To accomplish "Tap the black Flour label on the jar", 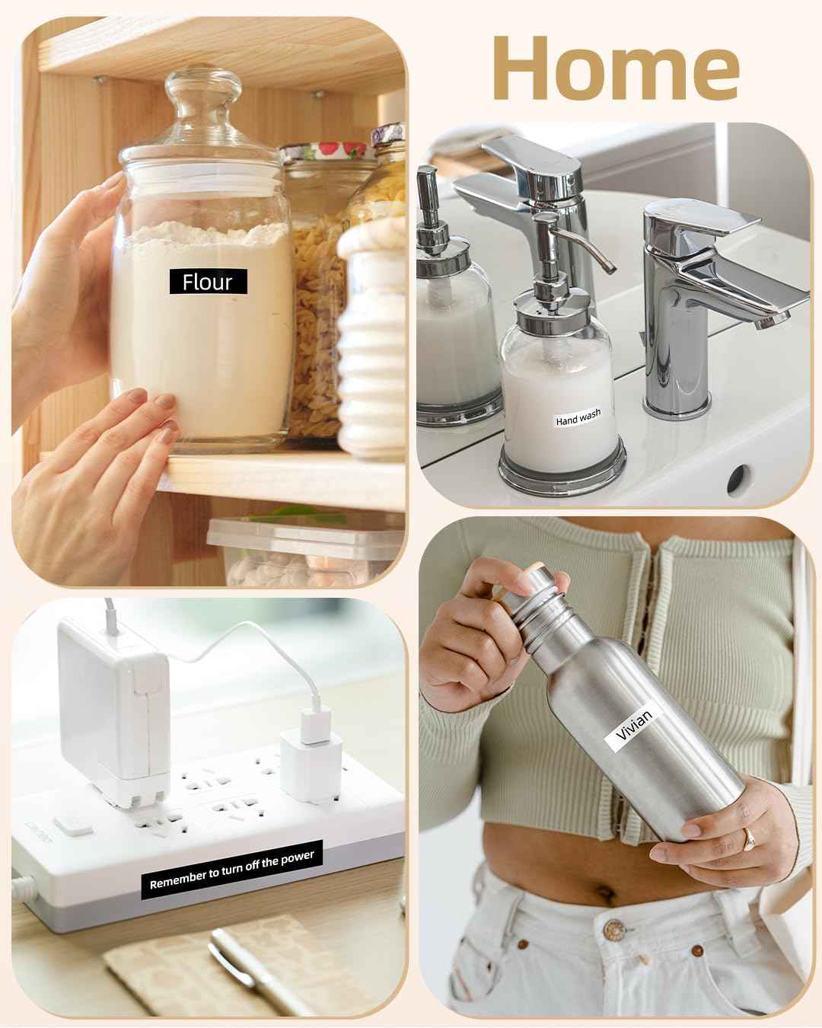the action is click(x=209, y=281).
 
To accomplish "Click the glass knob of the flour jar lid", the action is click(x=203, y=88).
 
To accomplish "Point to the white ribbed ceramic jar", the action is click(x=372, y=339).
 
